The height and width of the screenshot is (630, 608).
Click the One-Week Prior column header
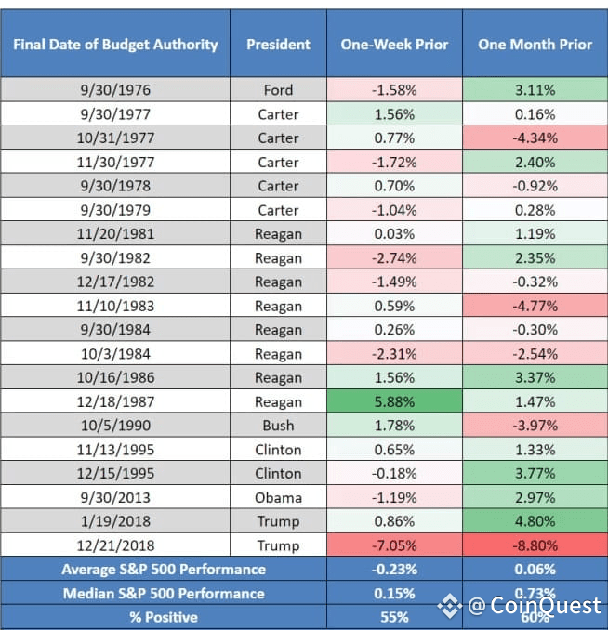tap(394, 45)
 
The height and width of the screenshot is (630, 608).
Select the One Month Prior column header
tap(535, 45)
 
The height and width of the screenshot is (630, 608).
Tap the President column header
tap(278, 45)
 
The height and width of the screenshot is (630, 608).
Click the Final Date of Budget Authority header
tap(115, 45)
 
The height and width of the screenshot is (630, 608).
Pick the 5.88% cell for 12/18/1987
tap(394, 401)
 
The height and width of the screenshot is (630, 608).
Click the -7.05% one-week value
tap(394, 545)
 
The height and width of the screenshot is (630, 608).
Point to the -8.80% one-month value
tap(535, 545)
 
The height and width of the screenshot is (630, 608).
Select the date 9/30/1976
tap(115, 89)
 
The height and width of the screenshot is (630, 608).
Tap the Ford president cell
tap(278, 89)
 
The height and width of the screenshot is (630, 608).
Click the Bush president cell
tap(278, 425)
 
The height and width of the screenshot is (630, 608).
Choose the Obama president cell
tap(278, 497)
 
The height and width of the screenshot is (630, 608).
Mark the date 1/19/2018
tap(115, 521)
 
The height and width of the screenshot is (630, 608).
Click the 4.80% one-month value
tap(535, 521)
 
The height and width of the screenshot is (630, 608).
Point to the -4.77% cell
tap(535, 306)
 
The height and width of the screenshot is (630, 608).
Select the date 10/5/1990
tap(115, 425)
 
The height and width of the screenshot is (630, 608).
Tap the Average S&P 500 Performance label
tap(164, 569)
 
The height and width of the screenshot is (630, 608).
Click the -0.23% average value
tap(394, 569)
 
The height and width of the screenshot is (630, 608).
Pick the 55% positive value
tap(394, 617)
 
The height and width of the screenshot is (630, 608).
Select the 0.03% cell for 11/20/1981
tap(394, 233)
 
